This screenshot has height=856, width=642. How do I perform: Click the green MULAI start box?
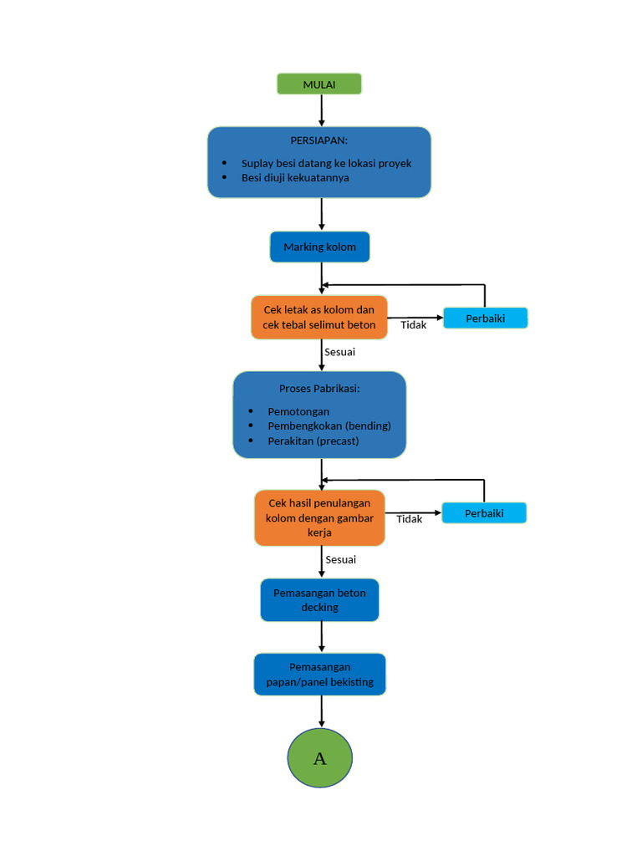tap(319, 84)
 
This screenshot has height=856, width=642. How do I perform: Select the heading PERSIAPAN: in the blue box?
tap(319, 140)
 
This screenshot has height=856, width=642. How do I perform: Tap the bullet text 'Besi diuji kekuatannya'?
tap(295, 178)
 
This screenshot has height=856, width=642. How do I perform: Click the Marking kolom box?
tap(319, 247)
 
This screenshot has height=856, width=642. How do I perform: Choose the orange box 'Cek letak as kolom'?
tap(319, 318)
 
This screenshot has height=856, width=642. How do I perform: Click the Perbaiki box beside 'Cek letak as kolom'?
tap(485, 318)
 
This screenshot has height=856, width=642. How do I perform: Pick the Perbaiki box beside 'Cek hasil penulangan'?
tap(484, 513)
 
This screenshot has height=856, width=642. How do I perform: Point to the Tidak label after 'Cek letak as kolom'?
tap(413, 325)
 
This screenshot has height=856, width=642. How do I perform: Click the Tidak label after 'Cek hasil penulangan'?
tap(409, 519)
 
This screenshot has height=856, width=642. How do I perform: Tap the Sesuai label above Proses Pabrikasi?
tap(339, 352)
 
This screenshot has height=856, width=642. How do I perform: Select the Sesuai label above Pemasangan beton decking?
tap(340, 559)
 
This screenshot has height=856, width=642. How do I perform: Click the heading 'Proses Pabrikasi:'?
tap(319, 389)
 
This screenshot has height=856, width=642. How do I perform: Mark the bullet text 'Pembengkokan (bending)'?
tap(329, 426)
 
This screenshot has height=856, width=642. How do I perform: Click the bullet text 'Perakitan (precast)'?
tap(313, 441)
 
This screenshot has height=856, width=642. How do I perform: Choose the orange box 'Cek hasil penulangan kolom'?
tap(319, 517)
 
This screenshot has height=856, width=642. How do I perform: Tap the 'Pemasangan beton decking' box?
tap(319, 600)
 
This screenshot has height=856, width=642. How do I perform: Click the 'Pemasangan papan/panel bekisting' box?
tap(319, 675)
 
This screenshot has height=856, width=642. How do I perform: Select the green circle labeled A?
tap(319, 759)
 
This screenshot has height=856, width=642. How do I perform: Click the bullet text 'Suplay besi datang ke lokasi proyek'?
tap(326, 164)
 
